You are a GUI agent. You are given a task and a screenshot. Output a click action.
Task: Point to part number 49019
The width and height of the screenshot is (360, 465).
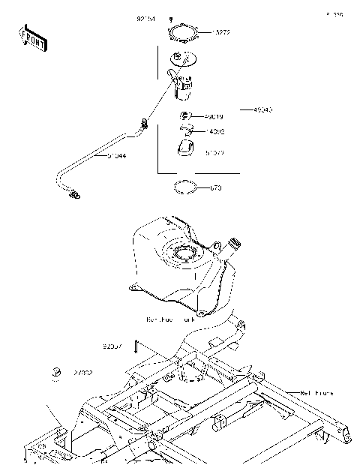[212, 117]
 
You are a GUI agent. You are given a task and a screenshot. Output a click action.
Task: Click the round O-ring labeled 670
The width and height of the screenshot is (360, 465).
[186, 186]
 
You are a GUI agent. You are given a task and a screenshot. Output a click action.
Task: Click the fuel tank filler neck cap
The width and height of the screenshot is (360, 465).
[234, 243]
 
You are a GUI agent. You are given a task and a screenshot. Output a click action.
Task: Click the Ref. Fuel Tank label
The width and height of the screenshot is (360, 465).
[171, 319]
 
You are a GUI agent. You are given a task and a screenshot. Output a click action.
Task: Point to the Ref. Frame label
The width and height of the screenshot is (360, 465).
[315, 391]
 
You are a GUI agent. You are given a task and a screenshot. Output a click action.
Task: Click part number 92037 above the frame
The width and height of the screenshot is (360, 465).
[113, 346]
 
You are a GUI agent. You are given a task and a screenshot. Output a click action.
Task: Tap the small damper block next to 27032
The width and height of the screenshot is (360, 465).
[55, 372]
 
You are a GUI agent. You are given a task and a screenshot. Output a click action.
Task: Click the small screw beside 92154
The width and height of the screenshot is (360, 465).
[172, 19]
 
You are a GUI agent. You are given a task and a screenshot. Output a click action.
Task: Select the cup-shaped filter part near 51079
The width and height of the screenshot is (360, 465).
[186, 149]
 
